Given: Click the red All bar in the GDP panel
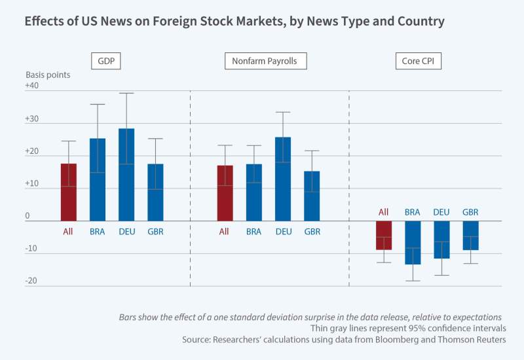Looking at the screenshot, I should click(x=69, y=192).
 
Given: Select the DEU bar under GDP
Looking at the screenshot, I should click(x=126, y=175).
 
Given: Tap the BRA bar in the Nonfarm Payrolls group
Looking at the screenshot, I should click(x=254, y=192).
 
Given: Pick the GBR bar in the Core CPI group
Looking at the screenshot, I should click(x=470, y=236).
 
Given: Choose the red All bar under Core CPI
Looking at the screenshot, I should click(x=384, y=236).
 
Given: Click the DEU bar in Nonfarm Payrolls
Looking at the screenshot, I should click(x=283, y=179).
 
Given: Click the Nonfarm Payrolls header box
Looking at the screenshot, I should click(x=265, y=62).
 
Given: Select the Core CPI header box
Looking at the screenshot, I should click(x=419, y=62).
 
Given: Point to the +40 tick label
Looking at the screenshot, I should click(x=32, y=86).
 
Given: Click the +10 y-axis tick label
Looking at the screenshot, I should click(x=32, y=184).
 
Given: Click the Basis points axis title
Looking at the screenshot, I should click(x=48, y=75).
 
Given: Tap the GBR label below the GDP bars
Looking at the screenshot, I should click(x=155, y=231).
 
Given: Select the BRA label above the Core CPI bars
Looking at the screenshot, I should click(x=413, y=212).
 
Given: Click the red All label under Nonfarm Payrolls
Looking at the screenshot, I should click(x=224, y=231).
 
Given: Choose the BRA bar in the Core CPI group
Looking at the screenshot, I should click(x=413, y=243).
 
